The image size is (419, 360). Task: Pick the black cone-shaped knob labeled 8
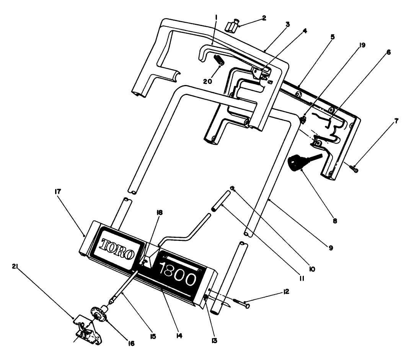(x=297, y=161)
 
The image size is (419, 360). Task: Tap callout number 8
(x=335, y=221)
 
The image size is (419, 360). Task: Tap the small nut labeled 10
(x=232, y=188)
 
